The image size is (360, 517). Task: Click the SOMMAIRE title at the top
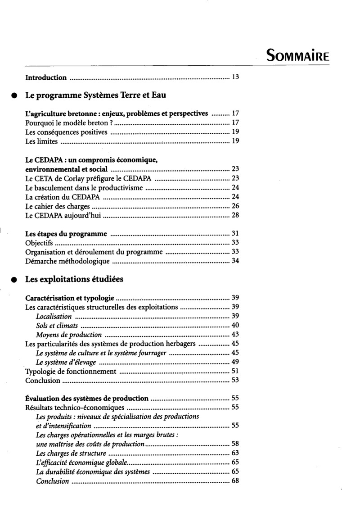[298, 56]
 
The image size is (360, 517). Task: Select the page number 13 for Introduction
[234, 77]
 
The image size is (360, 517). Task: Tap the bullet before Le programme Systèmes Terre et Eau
[14, 96]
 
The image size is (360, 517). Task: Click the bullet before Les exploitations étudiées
[14, 279]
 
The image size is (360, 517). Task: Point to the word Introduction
[46, 77]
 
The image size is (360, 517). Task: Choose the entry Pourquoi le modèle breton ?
[67, 122]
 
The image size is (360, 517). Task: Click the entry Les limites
[41, 141]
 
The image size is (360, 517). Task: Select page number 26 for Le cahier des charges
[234, 206]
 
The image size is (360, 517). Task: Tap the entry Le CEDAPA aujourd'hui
[63, 216]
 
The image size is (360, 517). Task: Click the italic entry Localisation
[54, 317]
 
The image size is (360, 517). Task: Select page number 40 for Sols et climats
[234, 326]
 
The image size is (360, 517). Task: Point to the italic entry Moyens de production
[69, 335]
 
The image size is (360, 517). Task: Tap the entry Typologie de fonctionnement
[71, 372]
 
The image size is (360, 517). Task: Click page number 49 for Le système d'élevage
[234, 363]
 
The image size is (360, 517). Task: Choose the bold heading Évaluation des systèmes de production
[87, 398]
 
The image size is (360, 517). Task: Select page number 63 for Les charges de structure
[234, 453]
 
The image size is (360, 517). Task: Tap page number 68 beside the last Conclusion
[234, 481]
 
